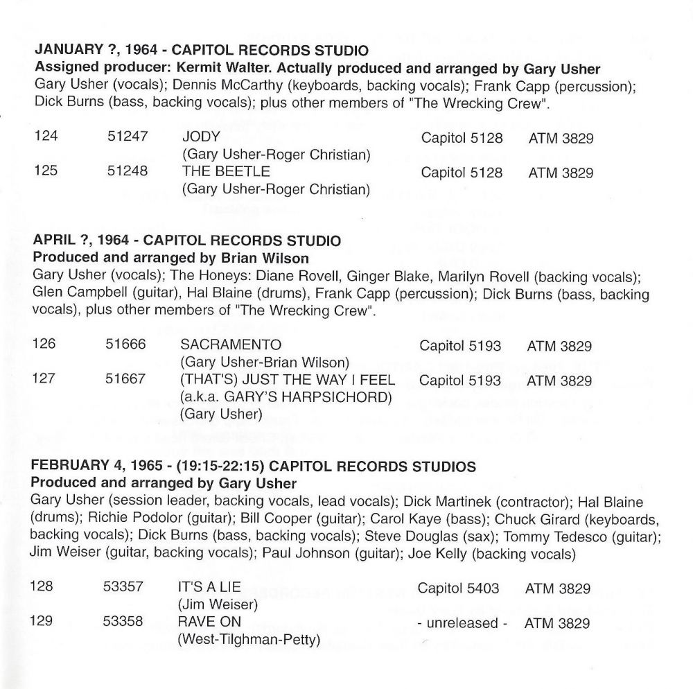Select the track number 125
click(46, 172)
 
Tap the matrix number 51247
click(128, 138)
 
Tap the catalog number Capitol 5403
click(458, 588)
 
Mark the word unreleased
click(463, 623)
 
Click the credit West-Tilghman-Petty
click(249, 639)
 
